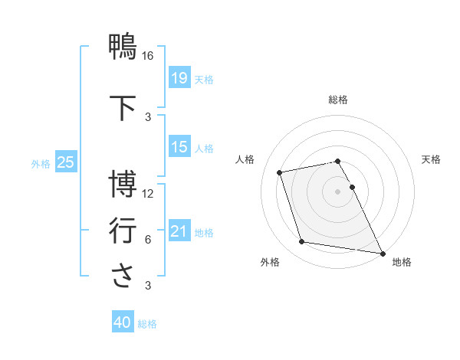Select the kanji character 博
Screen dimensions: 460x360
(123, 185)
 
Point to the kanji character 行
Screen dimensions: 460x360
(123, 230)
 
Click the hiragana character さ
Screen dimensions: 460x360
(123, 276)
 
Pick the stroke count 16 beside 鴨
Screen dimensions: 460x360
(148, 56)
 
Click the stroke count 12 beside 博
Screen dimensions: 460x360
(148, 194)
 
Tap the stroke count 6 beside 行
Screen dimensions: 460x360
(148, 240)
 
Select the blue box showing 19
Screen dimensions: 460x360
(179, 78)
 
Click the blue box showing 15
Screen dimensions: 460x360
(179, 147)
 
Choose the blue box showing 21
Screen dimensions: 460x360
(179, 231)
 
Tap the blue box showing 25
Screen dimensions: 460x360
(65, 162)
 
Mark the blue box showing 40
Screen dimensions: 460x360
(123, 322)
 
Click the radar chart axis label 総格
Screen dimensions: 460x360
(338, 100)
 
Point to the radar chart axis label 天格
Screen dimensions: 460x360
(431, 160)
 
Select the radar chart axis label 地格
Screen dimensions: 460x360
(402, 262)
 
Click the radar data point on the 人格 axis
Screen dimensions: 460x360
(280, 172)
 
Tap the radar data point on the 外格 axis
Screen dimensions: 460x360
(302, 242)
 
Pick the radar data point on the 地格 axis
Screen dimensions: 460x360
(383, 253)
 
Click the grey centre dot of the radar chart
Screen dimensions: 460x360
(338, 191)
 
